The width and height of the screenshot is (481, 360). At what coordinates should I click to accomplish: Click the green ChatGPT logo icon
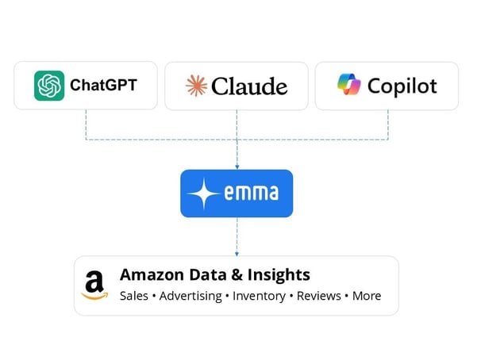pyautogui.click(x=49, y=86)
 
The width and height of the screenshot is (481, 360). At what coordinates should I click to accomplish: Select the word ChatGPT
pyautogui.click(x=103, y=85)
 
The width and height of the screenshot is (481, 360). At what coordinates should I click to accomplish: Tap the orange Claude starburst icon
pyautogui.click(x=196, y=86)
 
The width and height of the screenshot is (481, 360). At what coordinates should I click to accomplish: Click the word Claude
pyautogui.click(x=249, y=86)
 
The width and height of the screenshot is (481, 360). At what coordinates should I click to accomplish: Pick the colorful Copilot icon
pyautogui.click(x=348, y=84)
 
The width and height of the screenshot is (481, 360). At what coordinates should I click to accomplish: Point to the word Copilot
pyautogui.click(x=402, y=86)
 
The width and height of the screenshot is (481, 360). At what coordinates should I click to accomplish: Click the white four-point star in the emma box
pyautogui.click(x=204, y=193)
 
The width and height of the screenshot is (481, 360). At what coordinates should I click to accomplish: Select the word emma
pyautogui.click(x=252, y=193)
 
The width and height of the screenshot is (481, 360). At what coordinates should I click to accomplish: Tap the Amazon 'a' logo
pyautogui.click(x=94, y=285)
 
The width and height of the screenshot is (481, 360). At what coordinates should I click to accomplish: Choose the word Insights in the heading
pyautogui.click(x=279, y=275)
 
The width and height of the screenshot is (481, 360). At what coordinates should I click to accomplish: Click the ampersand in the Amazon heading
pyautogui.click(x=237, y=274)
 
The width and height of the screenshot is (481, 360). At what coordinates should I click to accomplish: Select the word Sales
pyautogui.click(x=134, y=296)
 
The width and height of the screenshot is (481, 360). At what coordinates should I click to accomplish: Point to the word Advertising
pyautogui.click(x=190, y=297)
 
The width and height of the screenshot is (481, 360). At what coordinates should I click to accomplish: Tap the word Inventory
pyautogui.click(x=260, y=297)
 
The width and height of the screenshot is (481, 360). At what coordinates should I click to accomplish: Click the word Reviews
pyautogui.click(x=319, y=296)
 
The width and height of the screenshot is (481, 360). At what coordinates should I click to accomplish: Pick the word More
pyautogui.click(x=367, y=296)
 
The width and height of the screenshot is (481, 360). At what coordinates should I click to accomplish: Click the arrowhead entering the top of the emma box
pyautogui.click(x=237, y=167)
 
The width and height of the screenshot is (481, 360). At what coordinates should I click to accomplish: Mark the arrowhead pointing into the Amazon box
pyautogui.click(x=237, y=254)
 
